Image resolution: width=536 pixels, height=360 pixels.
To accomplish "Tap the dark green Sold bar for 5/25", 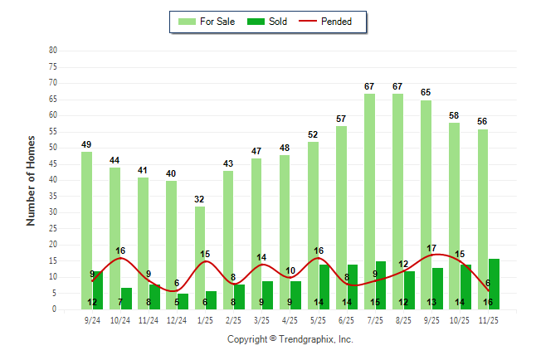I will [x=324, y=287].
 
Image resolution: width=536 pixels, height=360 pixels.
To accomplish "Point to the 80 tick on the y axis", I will [x=53, y=50].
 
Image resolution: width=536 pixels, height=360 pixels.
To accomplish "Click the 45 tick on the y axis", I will [x=53, y=163].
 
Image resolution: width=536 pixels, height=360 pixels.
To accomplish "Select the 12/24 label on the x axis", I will [x=177, y=319].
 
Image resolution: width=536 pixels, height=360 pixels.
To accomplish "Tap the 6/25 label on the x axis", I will [x=346, y=319].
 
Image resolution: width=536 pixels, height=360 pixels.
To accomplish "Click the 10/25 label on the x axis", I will [x=460, y=319].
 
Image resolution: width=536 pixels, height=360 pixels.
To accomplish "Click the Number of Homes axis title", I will [x=31, y=180].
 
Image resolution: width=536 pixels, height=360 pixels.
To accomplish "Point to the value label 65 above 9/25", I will [x=426, y=92].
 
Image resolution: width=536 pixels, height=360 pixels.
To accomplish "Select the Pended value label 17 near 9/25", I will [x=431, y=248].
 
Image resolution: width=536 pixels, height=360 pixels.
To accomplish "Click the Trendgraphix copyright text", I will [x=290, y=339].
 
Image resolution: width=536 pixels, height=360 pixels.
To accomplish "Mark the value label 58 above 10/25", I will [x=454, y=115].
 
